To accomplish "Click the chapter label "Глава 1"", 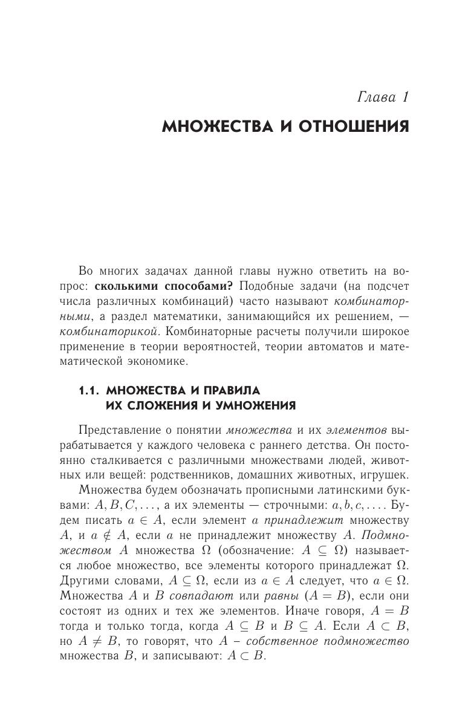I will click(x=383, y=97).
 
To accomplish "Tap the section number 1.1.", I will click(x=89, y=391).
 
